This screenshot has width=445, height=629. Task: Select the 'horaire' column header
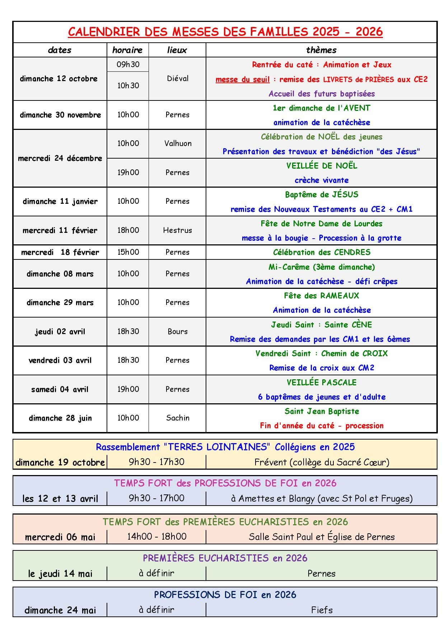(127, 50)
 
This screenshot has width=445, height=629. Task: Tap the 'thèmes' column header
(321, 50)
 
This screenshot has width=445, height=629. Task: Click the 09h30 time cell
(128, 65)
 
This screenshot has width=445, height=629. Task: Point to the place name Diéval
(178, 79)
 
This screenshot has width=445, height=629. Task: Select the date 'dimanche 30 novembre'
(60, 115)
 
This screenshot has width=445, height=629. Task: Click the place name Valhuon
(178, 144)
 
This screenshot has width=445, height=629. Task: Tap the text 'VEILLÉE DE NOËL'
(322, 166)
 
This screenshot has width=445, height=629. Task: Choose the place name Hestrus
(177, 230)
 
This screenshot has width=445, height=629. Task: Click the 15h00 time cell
(128, 252)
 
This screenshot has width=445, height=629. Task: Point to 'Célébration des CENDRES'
(322, 252)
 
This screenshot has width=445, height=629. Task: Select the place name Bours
(178, 332)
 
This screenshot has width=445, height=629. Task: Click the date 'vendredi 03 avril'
(60, 360)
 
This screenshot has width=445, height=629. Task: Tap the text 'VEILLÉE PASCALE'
(322, 382)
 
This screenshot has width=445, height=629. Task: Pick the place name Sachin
(178, 418)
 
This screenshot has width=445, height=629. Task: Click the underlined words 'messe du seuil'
(242, 79)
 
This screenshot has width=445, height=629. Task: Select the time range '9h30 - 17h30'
(156, 462)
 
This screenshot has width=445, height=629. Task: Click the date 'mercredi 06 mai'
(60, 537)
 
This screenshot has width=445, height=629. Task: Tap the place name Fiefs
(322, 610)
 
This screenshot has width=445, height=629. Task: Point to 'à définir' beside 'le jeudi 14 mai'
(156, 573)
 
